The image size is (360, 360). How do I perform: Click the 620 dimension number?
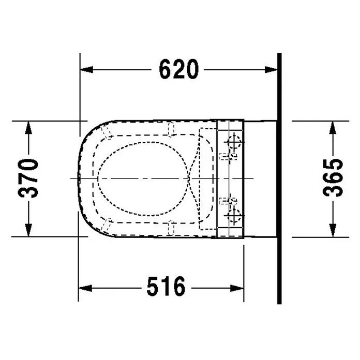point(178,69)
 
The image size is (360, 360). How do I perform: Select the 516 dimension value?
point(166,287)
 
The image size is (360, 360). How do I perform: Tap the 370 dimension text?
point(28,178)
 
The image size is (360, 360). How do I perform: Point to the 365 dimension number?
point(333,178)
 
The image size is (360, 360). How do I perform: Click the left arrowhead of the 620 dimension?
point(86,69)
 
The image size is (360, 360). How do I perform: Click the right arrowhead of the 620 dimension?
point(271,69)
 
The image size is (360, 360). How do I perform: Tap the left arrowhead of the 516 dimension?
point(85,288)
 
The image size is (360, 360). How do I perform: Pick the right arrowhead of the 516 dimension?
point(237,288)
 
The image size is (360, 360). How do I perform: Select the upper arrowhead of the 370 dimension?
point(28,128)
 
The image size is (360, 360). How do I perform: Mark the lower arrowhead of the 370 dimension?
point(28,230)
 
